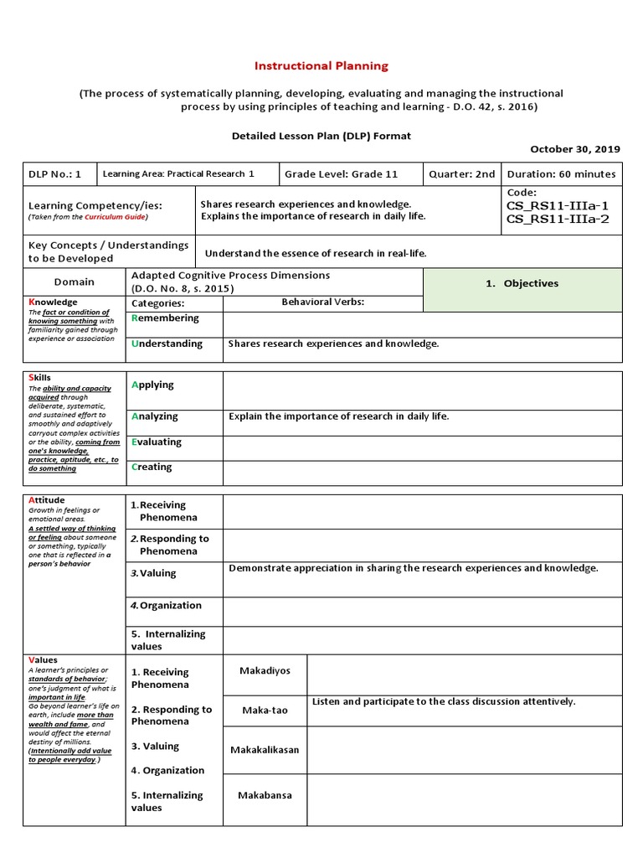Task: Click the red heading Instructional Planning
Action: tap(321, 65)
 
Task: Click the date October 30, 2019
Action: tap(575, 148)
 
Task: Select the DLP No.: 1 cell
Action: tap(55, 174)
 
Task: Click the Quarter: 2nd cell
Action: tap(461, 174)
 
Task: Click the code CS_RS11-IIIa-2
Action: tap(558, 220)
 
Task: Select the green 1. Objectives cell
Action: tap(522, 283)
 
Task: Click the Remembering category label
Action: tap(166, 318)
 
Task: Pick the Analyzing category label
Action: tap(155, 416)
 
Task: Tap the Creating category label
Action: tap(152, 467)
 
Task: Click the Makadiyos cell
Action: tap(264, 671)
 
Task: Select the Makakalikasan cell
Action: tap(264, 750)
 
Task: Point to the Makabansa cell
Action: tap(265, 795)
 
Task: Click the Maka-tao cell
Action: tap(265, 711)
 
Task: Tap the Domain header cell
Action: tap(75, 282)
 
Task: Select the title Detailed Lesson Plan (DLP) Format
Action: tap(321, 135)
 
